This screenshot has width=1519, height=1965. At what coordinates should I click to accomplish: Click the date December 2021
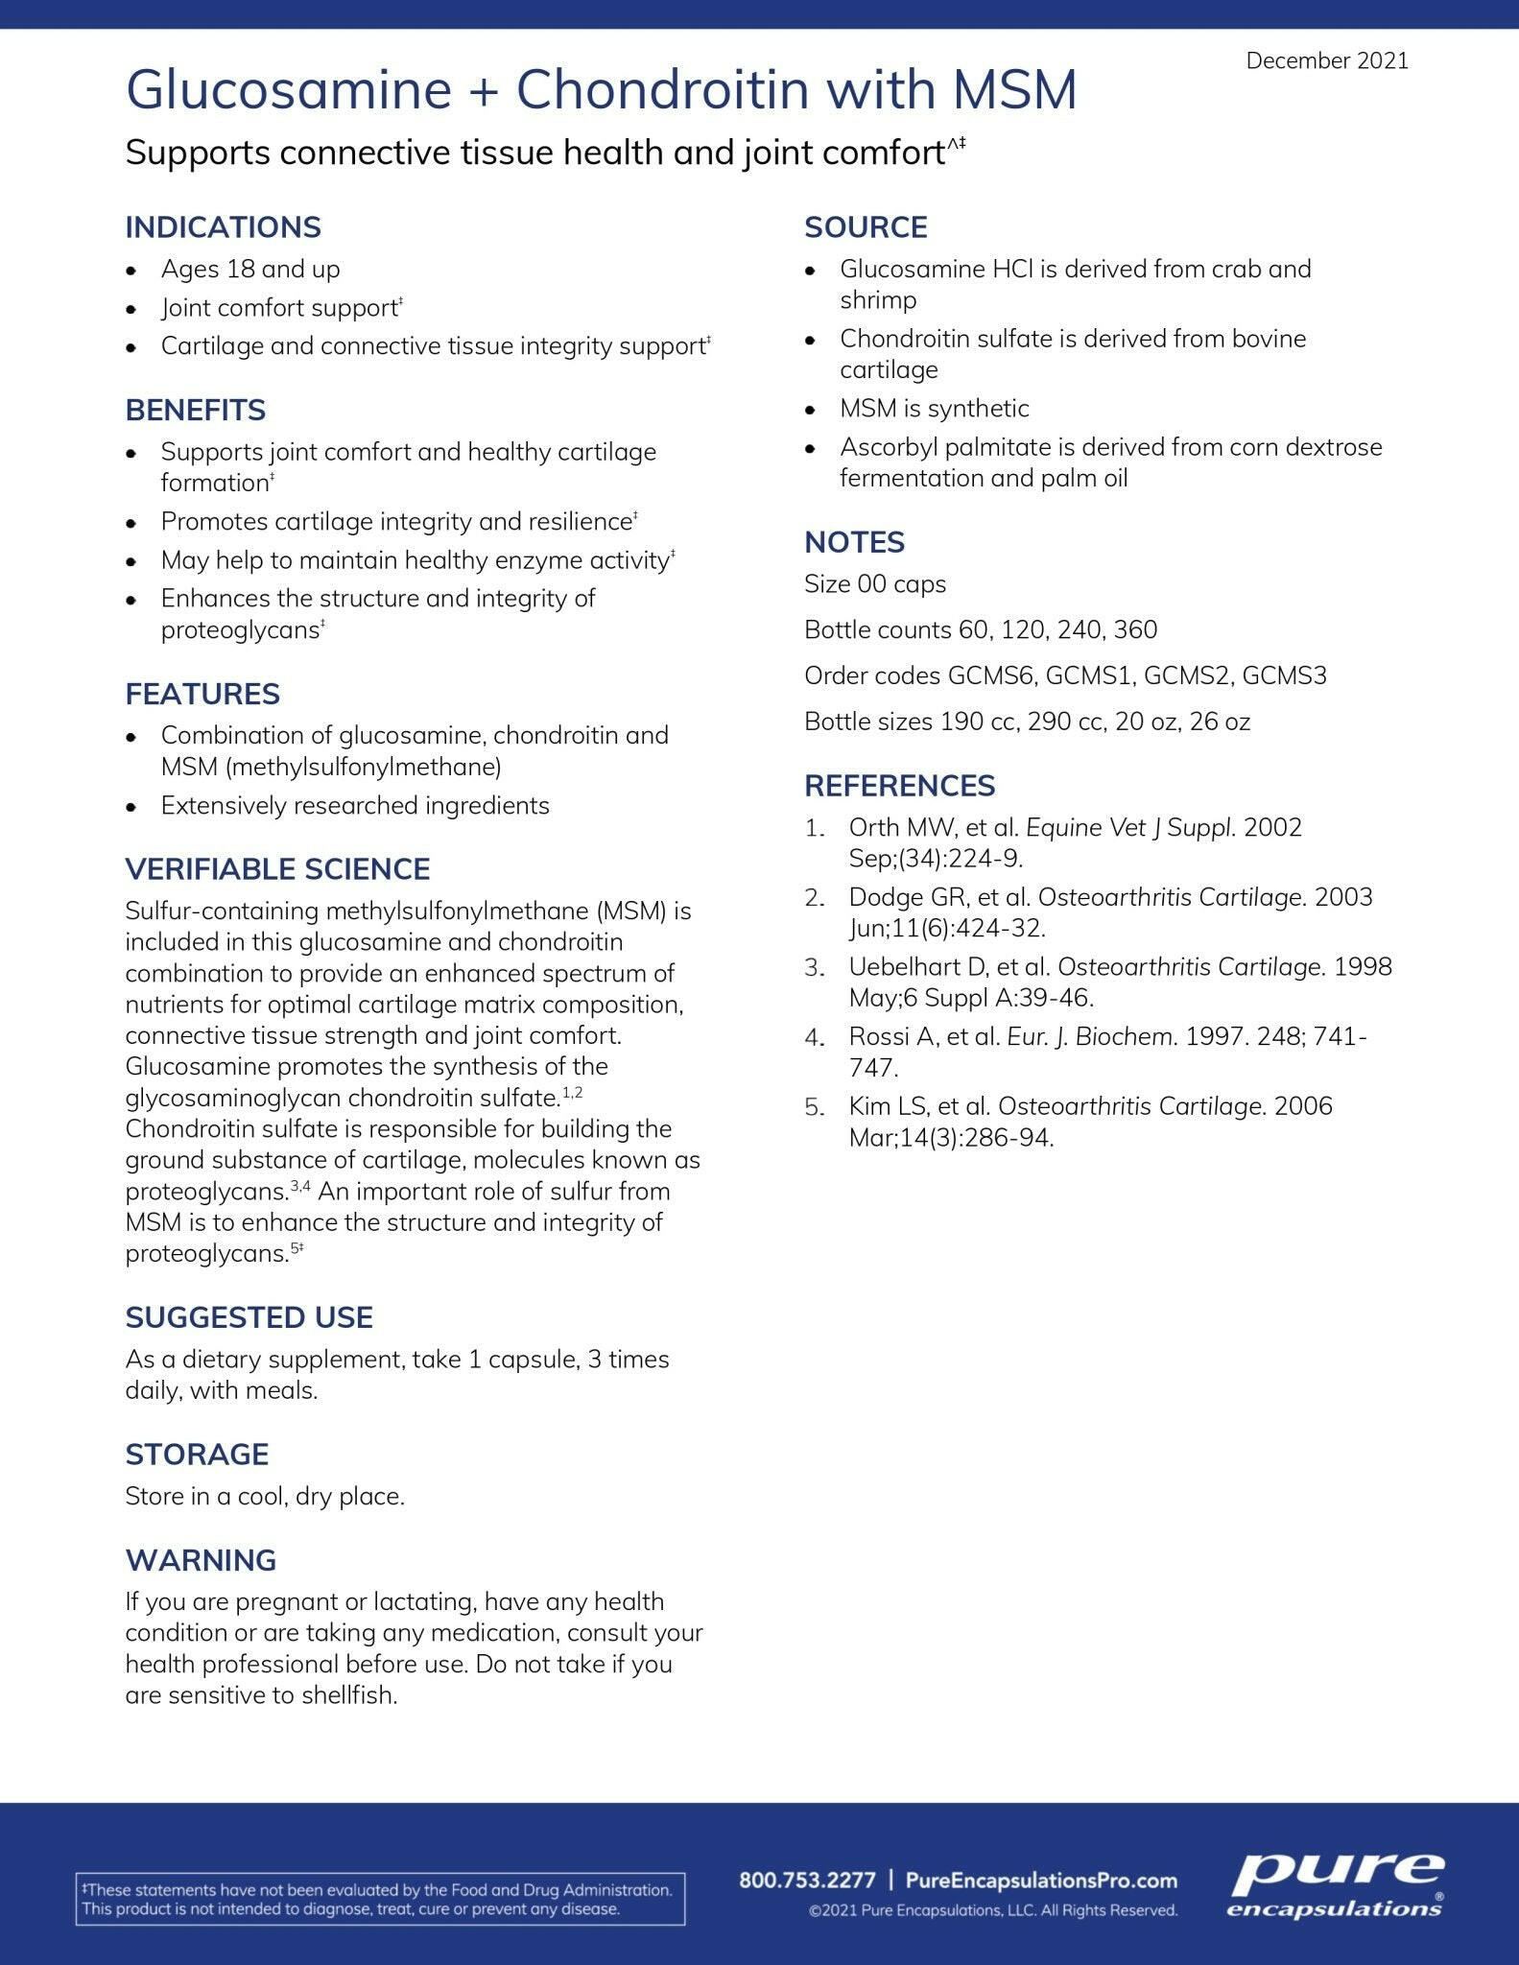click(x=1326, y=60)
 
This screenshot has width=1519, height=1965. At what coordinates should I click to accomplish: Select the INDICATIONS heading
click(x=223, y=227)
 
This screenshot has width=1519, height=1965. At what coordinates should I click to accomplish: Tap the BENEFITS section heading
click(x=195, y=410)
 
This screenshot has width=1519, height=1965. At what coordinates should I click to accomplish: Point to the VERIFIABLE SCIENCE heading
click(x=277, y=868)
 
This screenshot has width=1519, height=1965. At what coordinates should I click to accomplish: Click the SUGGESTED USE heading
click(x=249, y=1316)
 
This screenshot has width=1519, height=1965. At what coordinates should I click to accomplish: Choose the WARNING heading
click(x=201, y=1559)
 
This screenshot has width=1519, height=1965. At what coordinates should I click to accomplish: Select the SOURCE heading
click(x=866, y=227)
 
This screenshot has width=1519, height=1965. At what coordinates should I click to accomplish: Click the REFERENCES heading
click(x=899, y=785)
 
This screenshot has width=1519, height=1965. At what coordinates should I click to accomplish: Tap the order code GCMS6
click(x=992, y=675)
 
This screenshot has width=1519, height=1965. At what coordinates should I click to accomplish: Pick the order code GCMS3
click(x=1284, y=675)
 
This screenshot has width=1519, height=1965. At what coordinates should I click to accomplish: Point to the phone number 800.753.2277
click(x=807, y=1880)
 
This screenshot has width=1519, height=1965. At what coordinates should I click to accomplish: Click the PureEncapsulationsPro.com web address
click(x=1041, y=1880)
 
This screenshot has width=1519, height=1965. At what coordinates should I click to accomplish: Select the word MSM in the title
click(x=1015, y=90)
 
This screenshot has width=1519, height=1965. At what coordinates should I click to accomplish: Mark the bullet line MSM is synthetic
click(x=934, y=408)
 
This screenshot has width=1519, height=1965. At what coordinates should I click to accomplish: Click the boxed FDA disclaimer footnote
click(x=380, y=1899)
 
